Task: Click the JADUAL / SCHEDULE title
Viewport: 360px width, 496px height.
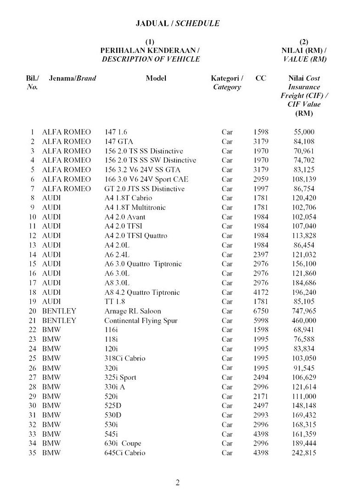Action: coord(177,23)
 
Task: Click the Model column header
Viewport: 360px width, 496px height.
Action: coord(156,78)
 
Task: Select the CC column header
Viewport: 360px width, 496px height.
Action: coord(260,78)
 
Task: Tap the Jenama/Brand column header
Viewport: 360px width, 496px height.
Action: coord(73,78)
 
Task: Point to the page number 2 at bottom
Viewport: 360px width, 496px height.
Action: coord(178,482)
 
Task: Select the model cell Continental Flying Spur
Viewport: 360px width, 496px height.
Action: coord(141,321)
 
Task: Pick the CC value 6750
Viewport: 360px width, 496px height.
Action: coord(260,311)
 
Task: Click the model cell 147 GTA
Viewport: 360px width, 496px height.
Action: coord(118,141)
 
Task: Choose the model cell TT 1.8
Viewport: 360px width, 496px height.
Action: coord(115,302)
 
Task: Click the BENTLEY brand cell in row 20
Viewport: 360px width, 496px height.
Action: coord(59,311)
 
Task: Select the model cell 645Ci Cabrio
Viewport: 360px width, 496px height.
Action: coord(124,453)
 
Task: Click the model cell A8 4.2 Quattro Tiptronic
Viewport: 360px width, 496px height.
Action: coord(142,293)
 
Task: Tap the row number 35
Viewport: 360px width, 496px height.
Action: coord(32,453)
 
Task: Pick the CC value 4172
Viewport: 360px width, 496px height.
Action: coord(260,293)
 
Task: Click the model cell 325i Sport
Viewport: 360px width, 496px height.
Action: coord(120,378)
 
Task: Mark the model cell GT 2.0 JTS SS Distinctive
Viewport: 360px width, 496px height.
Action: coord(144,189)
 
